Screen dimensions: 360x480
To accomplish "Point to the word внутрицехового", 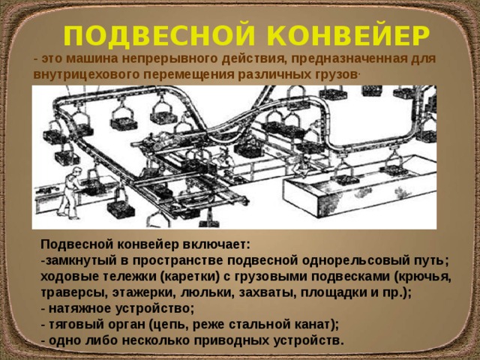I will [x=82, y=75].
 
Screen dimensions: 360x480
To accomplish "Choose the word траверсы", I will [x=71, y=292].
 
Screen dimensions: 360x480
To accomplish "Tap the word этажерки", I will [x=142, y=292].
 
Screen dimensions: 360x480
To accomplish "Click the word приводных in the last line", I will [x=248, y=340].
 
